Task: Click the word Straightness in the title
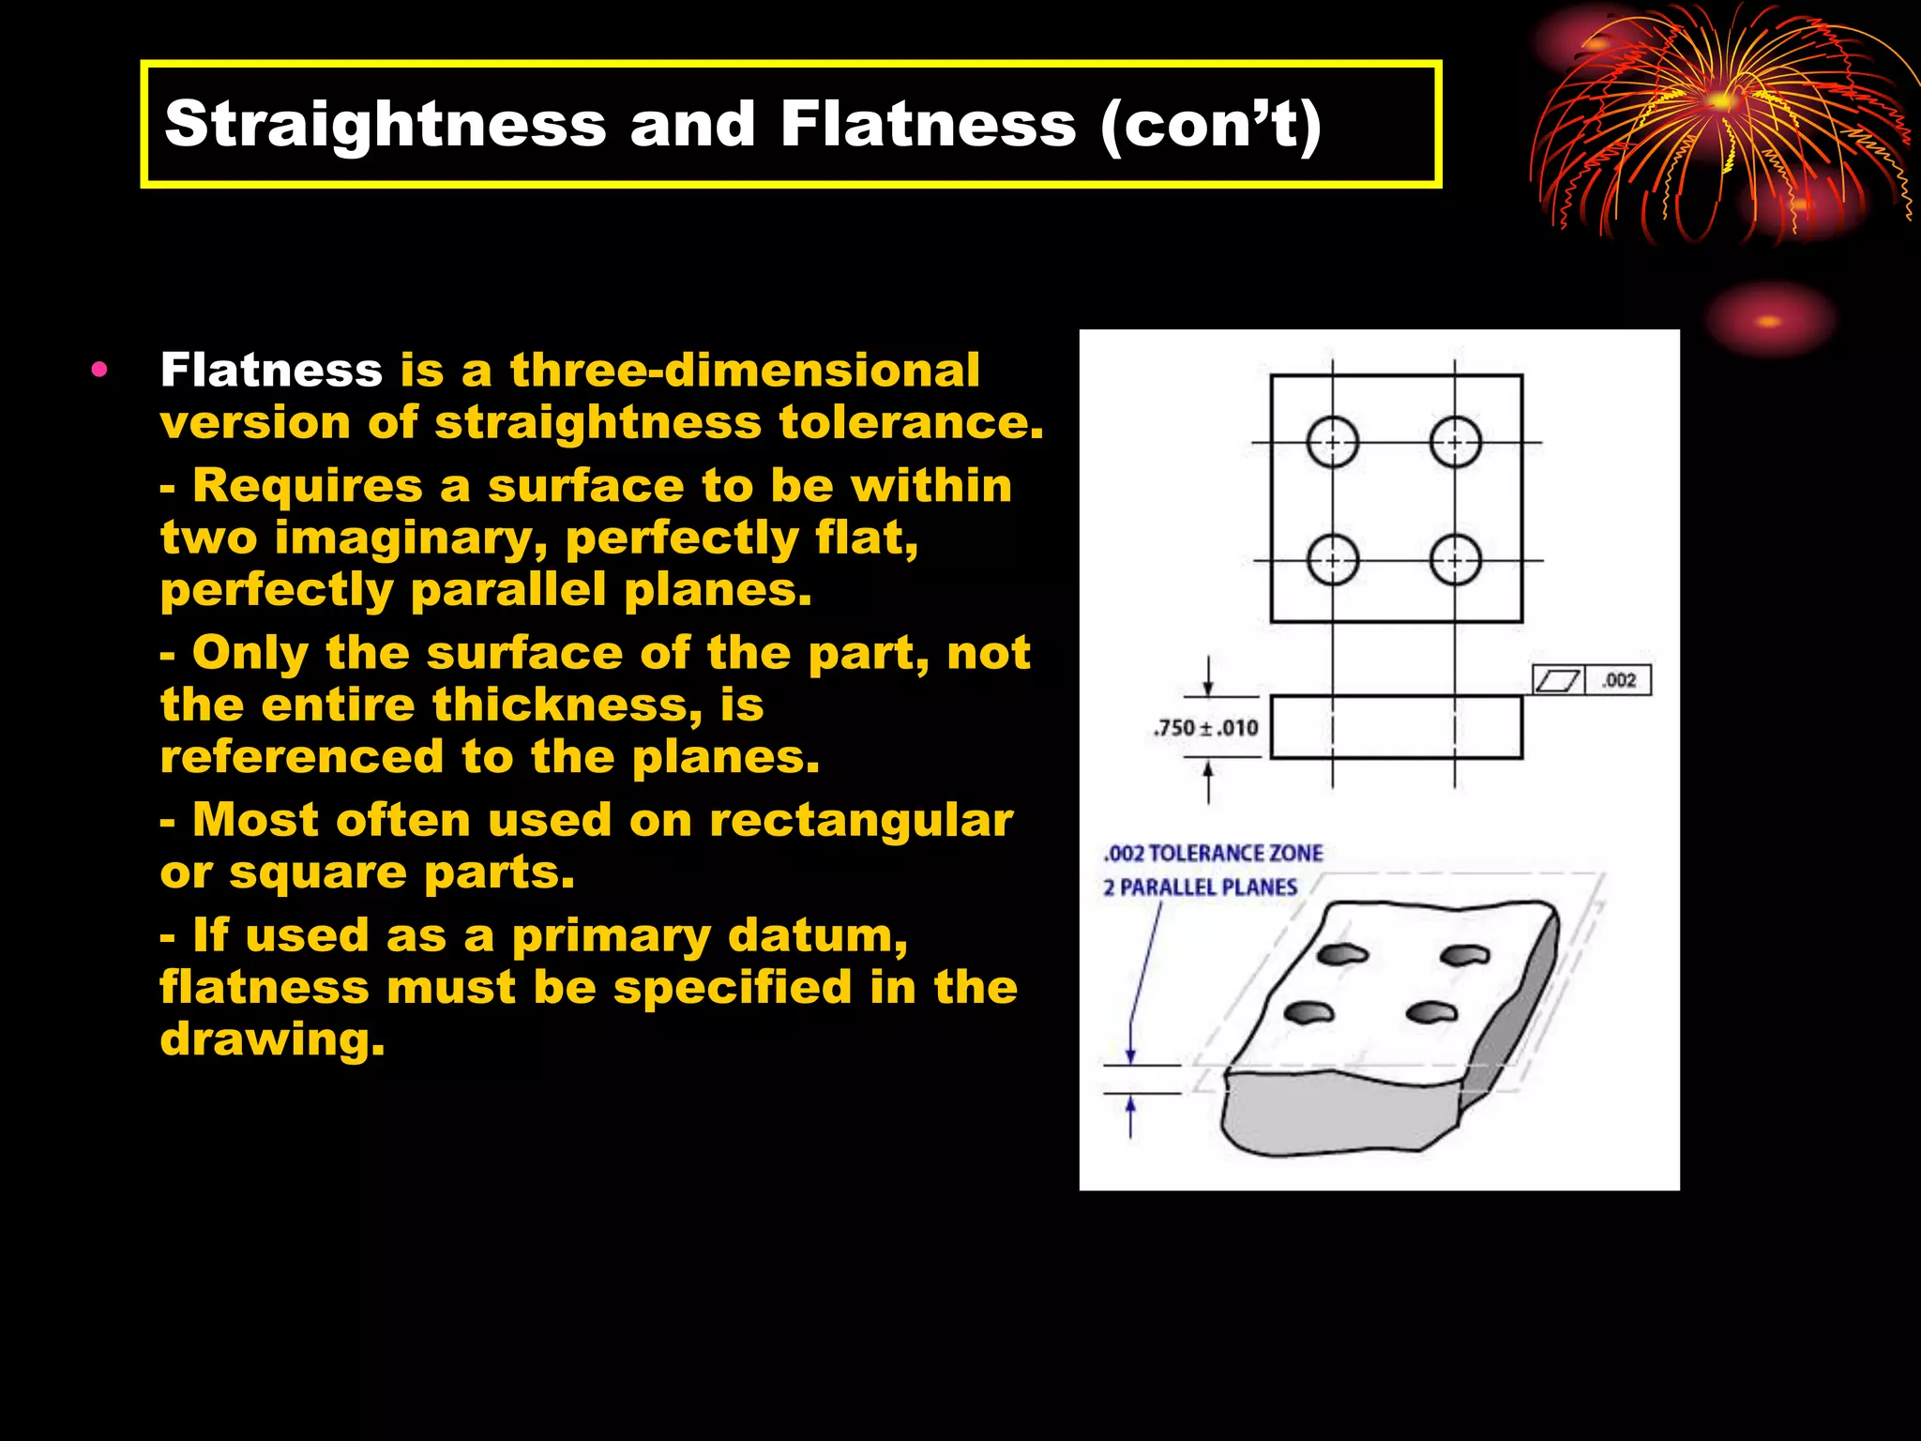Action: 385,125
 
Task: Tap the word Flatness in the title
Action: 927,125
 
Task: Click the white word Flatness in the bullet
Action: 271,370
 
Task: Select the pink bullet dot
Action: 99,370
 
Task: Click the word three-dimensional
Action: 745,370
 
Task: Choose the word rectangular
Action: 860,820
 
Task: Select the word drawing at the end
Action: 272,1039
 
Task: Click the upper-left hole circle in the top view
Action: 1332,442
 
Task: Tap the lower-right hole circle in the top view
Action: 1455,561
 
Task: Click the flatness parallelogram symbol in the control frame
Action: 1558,680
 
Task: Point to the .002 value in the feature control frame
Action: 1619,680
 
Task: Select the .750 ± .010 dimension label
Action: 1206,728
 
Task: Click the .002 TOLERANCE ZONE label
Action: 1213,854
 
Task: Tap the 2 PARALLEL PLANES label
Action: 1200,887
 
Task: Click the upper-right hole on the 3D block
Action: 1464,956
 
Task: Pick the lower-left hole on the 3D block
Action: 1308,1012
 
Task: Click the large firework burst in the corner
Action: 1721,122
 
